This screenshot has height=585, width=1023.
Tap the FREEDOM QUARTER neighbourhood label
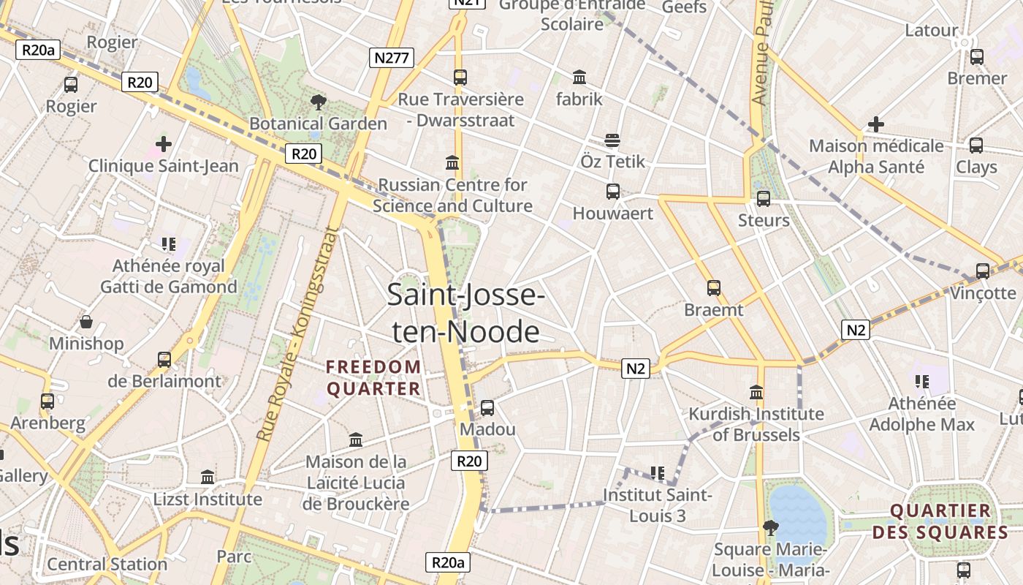tap(373, 377)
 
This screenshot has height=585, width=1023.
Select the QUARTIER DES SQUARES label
tap(940, 521)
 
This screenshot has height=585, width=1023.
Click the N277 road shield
tap(391, 58)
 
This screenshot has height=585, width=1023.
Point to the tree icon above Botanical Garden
tap(318, 102)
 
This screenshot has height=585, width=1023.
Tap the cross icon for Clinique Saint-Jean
tap(164, 144)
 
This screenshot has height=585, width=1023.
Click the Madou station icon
tap(487, 407)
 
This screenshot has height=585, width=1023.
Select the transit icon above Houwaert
tap(613, 192)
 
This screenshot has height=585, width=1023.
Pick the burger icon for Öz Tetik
tap(612, 140)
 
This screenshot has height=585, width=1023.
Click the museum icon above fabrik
tap(579, 77)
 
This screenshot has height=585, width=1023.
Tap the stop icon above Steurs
tap(764, 198)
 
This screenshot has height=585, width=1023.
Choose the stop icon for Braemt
tap(714, 288)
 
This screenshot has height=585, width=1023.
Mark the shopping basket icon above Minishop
tap(86, 322)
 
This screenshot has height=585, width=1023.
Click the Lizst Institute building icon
tap(208, 478)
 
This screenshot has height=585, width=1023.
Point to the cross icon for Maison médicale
tap(875, 124)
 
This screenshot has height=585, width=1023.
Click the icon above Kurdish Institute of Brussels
tap(756, 392)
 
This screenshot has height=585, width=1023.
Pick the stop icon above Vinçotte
tap(983, 271)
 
